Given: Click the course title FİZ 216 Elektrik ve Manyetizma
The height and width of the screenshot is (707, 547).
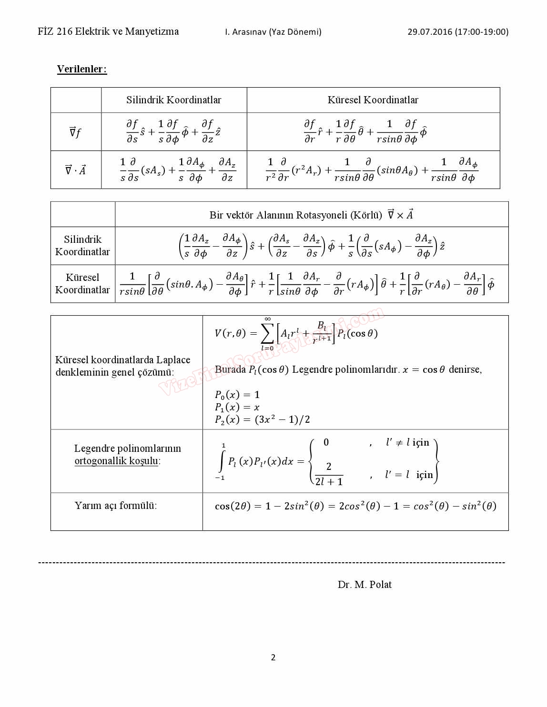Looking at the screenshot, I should (108, 31).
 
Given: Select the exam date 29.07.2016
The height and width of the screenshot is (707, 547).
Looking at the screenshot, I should (429, 32).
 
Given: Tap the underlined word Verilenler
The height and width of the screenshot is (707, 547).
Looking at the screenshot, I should (81, 69).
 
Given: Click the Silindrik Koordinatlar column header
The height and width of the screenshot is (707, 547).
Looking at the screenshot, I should (173, 100).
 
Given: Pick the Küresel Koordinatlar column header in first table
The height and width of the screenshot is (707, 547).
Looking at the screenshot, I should (373, 100).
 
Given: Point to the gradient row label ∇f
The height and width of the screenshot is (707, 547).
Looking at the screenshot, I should (75, 132).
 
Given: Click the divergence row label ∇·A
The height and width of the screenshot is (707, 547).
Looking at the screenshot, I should (75, 170).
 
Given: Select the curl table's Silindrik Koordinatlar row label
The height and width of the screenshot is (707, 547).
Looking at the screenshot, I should (82, 246).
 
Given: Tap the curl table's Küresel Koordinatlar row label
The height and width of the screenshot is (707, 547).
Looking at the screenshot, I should (82, 284).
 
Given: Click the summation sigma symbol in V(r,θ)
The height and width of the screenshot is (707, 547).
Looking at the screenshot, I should (267, 334).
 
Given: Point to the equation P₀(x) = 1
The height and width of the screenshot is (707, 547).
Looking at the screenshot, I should (237, 395).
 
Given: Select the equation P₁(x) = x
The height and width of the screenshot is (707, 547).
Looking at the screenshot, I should (237, 407).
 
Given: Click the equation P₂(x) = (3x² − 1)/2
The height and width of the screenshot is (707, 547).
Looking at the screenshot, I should (262, 419).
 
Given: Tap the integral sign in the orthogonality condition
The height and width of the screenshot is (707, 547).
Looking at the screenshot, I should (222, 461).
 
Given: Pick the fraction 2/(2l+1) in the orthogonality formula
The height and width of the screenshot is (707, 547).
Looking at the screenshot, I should (329, 474).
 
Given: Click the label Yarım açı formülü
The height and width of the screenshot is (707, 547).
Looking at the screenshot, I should (115, 506).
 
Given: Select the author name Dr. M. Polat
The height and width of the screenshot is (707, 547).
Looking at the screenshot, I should (365, 585).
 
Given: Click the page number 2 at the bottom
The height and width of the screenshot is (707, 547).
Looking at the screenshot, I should (273, 657).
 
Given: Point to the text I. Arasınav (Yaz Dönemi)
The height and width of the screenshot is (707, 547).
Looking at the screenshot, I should (273, 32).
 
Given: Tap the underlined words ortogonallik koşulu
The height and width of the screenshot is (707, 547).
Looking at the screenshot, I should (116, 461).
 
